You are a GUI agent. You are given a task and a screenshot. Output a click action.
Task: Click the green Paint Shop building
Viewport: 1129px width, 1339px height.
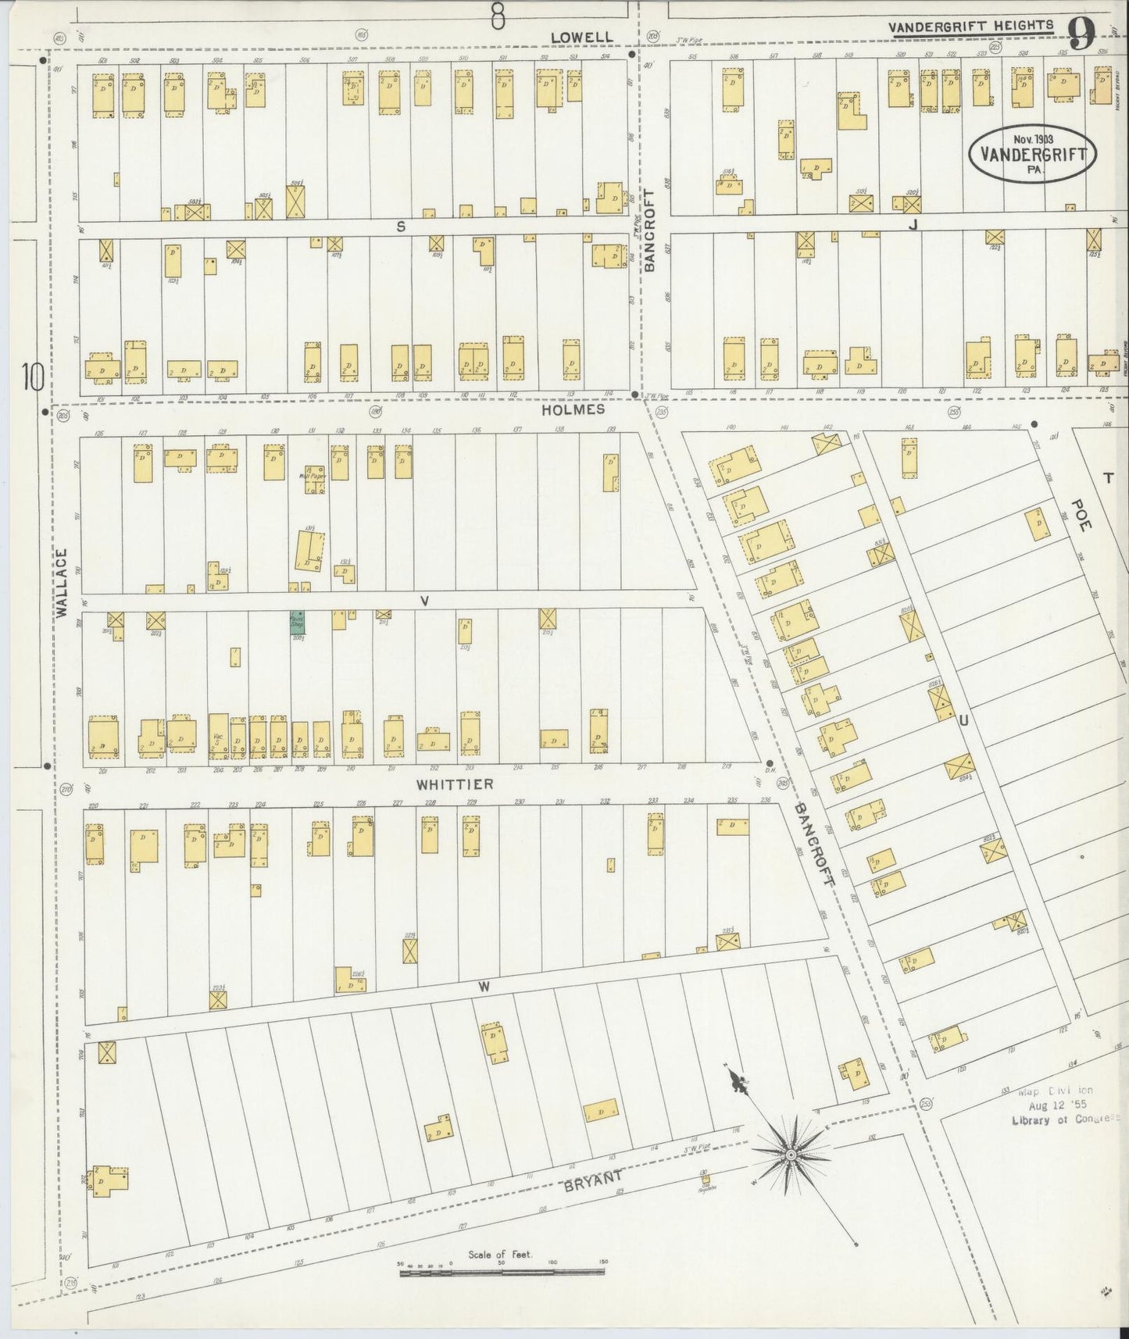point(297,622)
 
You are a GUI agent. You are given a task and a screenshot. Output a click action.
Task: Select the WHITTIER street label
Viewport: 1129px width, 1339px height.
point(455,784)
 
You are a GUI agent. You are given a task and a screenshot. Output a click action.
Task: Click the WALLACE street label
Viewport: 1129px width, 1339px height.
point(62,583)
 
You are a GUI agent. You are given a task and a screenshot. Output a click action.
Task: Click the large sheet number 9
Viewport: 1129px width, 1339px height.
point(1083,34)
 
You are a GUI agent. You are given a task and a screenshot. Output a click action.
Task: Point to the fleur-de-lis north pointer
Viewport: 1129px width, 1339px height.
point(736,1082)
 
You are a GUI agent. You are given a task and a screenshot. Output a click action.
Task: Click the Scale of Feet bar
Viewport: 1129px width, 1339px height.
point(503,1273)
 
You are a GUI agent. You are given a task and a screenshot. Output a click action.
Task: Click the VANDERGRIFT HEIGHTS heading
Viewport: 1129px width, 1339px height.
point(970,26)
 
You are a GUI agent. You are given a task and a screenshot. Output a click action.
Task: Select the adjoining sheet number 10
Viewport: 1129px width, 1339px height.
point(32,377)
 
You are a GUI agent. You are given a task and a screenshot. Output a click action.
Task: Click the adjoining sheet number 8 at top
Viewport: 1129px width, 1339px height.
point(497,15)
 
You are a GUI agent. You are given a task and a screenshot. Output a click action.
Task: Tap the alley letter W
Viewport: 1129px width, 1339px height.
point(484,987)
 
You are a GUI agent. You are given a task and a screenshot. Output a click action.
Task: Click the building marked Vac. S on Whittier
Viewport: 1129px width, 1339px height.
point(219,737)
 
